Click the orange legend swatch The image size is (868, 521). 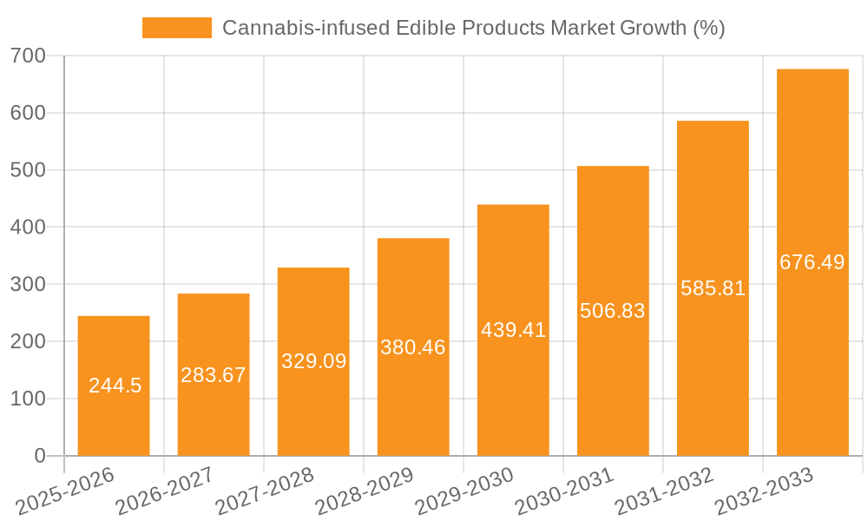coord(177,28)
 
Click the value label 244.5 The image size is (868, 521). coord(115,386)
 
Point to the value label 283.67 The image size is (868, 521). coord(214,375)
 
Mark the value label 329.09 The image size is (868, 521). coord(313,361)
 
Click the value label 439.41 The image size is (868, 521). coord(513,330)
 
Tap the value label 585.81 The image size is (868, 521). coord(713,288)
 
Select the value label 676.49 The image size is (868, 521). coord(812,262)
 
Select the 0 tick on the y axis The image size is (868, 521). coord(40,456)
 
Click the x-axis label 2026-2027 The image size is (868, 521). coord(165,491)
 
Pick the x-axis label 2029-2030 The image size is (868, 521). coord(464,491)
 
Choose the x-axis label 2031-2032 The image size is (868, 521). coord(664,491)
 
